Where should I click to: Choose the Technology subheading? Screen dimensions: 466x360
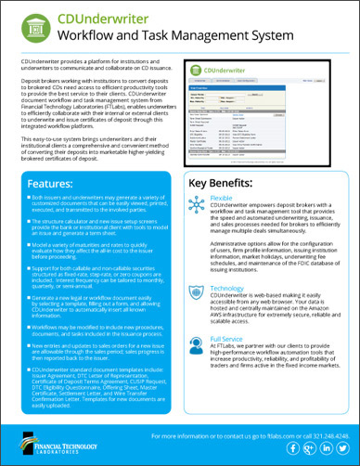[233, 289]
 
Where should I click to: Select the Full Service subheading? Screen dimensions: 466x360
[232, 342]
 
